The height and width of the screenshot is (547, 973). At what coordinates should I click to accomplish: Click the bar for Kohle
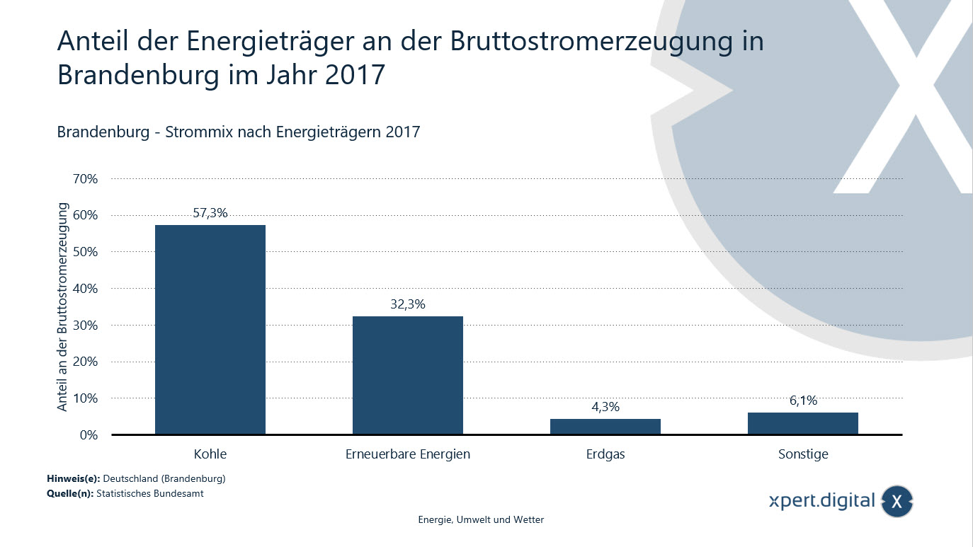coord(210,329)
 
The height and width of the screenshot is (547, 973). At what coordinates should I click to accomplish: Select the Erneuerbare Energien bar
coord(407,375)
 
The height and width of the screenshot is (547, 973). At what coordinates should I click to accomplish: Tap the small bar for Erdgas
coord(605,427)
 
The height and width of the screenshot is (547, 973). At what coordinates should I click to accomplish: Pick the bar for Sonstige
coord(802,423)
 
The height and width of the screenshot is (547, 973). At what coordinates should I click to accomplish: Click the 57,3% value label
coord(210,213)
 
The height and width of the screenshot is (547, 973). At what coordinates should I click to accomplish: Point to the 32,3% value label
coord(407,304)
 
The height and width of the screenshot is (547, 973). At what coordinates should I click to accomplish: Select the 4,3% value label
coord(605,407)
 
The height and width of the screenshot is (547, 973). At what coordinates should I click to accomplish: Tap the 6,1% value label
coord(803,401)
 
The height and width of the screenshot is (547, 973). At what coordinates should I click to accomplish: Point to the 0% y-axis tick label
coord(88,435)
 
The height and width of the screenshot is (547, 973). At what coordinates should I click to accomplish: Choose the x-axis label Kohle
coord(210,454)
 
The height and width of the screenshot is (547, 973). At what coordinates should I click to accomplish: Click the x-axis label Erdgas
coord(605,454)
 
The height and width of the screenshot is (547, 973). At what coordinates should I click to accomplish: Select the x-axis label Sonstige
coord(803,454)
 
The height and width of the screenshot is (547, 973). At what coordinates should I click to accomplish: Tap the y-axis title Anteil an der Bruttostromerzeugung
coord(63,307)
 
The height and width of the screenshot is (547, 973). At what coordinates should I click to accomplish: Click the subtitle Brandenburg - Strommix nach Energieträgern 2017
coord(239,132)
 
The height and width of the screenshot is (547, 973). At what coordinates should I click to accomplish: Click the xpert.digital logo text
coord(822,501)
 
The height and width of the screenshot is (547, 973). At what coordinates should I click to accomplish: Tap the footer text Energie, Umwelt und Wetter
coord(481,519)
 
